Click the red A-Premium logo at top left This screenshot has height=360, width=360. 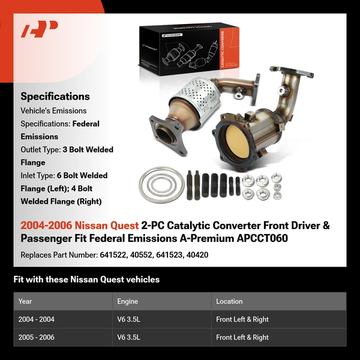pyautogui.click(x=40, y=29)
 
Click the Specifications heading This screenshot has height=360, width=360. pyautogui.click(x=55, y=96)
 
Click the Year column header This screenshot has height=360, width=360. pyautogui.click(x=25, y=301)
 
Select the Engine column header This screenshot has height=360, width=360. pyautogui.click(x=128, y=301)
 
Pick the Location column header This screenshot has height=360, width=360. pyautogui.click(x=229, y=301)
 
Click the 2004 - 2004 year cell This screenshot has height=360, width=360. pyautogui.click(x=37, y=319)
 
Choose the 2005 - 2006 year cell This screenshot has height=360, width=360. pyautogui.click(x=37, y=337)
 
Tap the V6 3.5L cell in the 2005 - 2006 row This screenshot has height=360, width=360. pyautogui.click(x=128, y=337)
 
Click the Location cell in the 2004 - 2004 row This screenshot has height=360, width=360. pyautogui.click(x=242, y=319)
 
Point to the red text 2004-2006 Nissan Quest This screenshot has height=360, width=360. pyautogui.click(x=79, y=226)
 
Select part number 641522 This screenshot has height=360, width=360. pyautogui.click(x=112, y=255)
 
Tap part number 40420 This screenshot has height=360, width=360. pyautogui.click(x=197, y=255)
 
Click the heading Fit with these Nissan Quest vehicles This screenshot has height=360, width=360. pyautogui.click(x=86, y=279)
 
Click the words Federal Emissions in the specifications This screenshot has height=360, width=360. pyautogui.click(x=60, y=130)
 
